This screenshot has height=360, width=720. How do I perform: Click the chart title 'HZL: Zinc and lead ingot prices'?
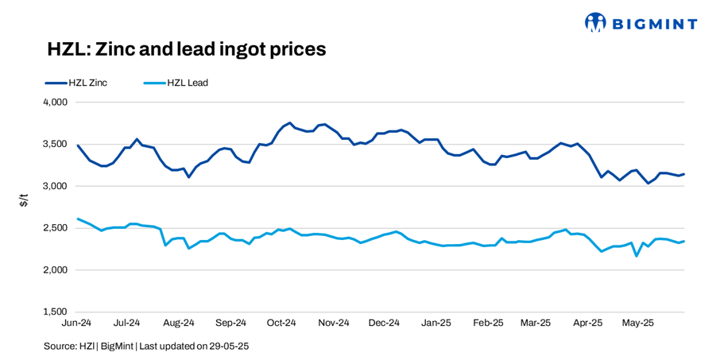tap(187, 49)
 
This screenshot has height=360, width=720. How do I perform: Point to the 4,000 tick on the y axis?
tap(53, 103)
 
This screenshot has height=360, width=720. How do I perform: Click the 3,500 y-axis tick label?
tap(53, 145)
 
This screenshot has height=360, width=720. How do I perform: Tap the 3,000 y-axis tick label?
tap(53, 186)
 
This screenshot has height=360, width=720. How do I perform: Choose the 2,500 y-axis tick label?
tap(53, 228)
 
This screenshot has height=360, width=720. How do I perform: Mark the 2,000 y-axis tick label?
tap(53, 270)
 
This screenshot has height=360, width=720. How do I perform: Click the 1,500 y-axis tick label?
tap(53, 312)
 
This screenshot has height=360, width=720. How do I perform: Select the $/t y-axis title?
tap(24, 203)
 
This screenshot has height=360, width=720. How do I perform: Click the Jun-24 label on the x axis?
tap(78, 323)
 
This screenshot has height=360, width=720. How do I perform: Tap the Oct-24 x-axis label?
tap(281, 323)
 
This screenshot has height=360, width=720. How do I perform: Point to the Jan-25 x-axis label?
tap(435, 323)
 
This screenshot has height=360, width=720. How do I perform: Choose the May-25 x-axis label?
tap(637, 323)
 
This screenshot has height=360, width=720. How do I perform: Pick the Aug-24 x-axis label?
tap(179, 323)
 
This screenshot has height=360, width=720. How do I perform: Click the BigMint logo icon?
tap(595, 22)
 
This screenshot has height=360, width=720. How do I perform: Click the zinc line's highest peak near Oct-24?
tap(290, 123)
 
